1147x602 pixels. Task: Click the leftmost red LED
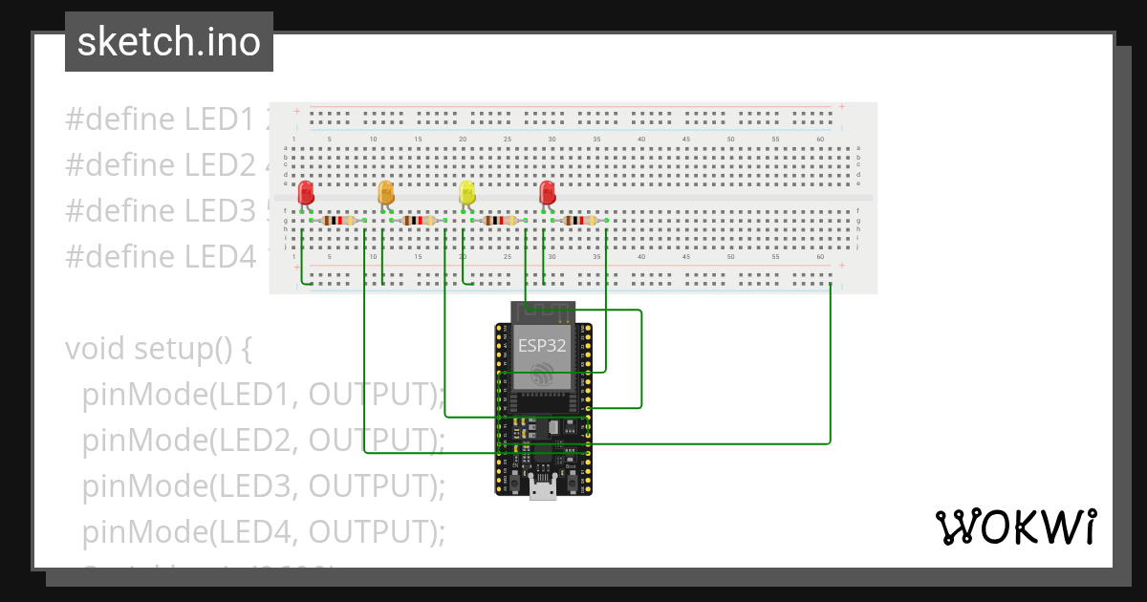tap(306, 193)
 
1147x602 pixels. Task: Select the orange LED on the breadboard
tap(386, 193)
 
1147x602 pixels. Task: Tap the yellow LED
tap(466, 193)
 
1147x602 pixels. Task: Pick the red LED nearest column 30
tap(547, 193)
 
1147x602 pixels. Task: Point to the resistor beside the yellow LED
tap(501, 221)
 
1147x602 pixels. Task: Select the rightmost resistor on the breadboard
tap(581, 221)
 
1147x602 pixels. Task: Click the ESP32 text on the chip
tap(542, 346)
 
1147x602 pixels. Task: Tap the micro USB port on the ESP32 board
tap(543, 490)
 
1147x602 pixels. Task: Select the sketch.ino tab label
tap(169, 42)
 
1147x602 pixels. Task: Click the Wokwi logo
tap(1015, 527)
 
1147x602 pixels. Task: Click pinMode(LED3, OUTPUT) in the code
tap(264, 485)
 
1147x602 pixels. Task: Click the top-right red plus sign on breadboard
tap(841, 107)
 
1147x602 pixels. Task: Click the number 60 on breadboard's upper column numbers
tap(820, 140)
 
